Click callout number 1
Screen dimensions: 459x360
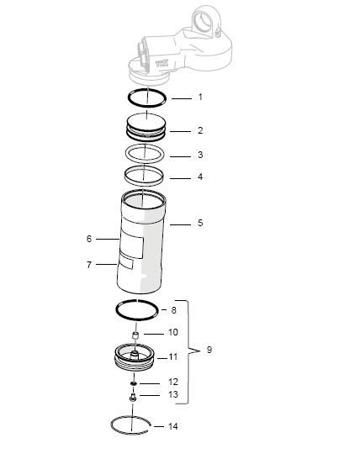200,98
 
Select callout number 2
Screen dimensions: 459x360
200,130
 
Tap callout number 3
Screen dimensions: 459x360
200,155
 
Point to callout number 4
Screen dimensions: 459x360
200,177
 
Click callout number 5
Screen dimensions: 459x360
200,223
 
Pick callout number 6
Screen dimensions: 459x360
88,239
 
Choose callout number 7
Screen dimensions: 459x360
88,264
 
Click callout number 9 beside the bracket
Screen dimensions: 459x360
209,350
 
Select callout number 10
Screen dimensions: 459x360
173,332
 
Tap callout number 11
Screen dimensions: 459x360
173,356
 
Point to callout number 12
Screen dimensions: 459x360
173,382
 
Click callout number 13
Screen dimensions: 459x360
173,394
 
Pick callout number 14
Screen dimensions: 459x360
173,426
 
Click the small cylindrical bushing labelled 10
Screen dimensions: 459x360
134,338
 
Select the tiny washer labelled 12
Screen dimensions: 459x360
134,383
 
